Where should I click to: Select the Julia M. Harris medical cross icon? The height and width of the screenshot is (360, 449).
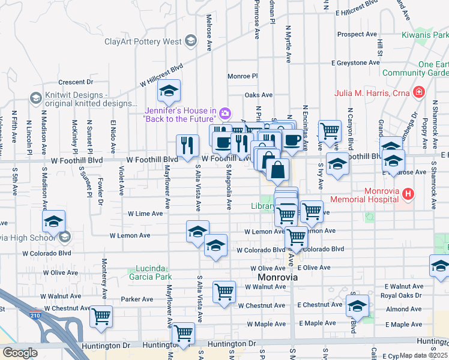tap(419, 93)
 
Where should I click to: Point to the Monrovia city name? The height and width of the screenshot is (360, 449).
tap(278, 278)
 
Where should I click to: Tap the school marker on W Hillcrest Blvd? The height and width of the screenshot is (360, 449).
tap(169, 92)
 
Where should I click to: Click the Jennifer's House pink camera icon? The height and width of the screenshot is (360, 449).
tap(225, 112)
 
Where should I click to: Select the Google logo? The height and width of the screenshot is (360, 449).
tap(19, 352)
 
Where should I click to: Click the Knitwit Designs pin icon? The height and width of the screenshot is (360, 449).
tap(35, 97)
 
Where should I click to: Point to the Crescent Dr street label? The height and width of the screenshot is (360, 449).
tap(76, 82)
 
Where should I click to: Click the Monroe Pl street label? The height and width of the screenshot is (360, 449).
tap(242, 76)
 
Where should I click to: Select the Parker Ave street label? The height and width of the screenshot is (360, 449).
tap(137, 299)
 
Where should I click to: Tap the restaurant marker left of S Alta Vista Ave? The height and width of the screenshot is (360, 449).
tap(187, 144)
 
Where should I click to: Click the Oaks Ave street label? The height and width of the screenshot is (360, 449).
tap(258, 95)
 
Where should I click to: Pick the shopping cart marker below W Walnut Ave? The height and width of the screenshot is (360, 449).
tap(224, 292)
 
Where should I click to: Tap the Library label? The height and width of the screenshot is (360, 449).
tap(262, 206)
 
